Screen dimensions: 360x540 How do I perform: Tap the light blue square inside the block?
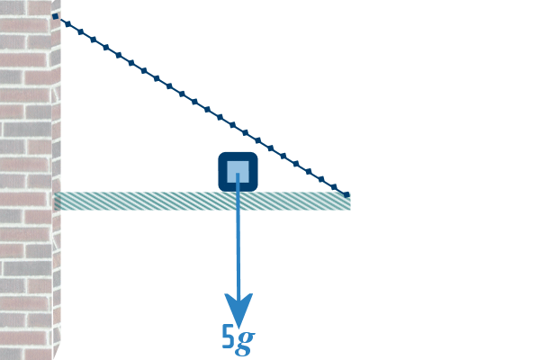238,171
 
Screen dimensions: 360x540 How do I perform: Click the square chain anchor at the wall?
56,16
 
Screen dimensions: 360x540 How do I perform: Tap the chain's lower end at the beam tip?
347,194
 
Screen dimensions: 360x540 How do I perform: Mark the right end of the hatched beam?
348,202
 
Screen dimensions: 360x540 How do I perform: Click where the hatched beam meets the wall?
58,202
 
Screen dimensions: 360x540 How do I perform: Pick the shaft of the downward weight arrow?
238,243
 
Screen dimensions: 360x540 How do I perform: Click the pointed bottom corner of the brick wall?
54,356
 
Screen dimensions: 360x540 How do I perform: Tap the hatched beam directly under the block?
238,202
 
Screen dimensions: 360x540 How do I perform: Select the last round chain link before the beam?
334,186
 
